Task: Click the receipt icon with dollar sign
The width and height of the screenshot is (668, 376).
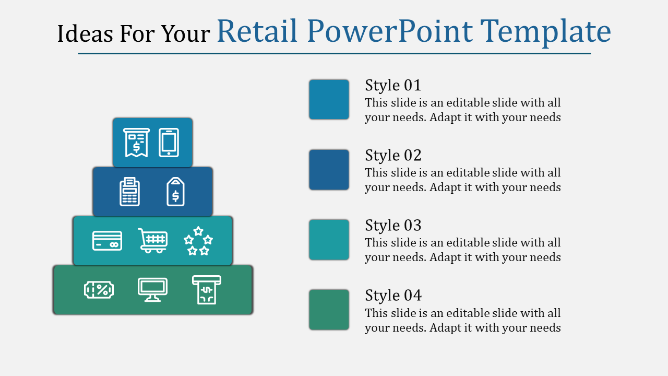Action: [x=136, y=143]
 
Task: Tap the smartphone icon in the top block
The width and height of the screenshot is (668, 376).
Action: [x=169, y=143]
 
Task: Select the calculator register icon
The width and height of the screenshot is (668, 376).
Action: [x=129, y=192]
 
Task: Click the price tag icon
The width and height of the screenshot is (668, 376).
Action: [x=175, y=192]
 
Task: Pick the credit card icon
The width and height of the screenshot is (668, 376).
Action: [x=107, y=241]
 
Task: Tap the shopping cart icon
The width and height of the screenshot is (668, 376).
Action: [x=153, y=241]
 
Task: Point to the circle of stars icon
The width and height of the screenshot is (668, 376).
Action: [x=198, y=241]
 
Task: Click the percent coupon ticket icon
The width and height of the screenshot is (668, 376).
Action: [x=99, y=289]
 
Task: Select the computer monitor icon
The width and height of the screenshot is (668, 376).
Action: [x=153, y=290]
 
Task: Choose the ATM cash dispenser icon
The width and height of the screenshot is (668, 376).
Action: [x=207, y=290]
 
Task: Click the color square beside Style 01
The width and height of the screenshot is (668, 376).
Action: [x=329, y=99]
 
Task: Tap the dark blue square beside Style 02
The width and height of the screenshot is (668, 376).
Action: [x=329, y=170]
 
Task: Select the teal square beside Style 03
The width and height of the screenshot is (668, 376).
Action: [x=329, y=240]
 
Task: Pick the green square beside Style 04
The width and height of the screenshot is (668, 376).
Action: [x=329, y=310]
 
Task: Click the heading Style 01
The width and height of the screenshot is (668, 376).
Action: [x=393, y=85]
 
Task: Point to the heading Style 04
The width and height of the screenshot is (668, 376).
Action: [x=393, y=296]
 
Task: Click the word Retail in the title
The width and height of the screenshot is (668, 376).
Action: [x=257, y=31]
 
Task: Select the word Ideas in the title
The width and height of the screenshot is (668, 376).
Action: [x=85, y=33]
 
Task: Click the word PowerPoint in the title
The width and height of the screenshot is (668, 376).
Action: [x=390, y=31]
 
